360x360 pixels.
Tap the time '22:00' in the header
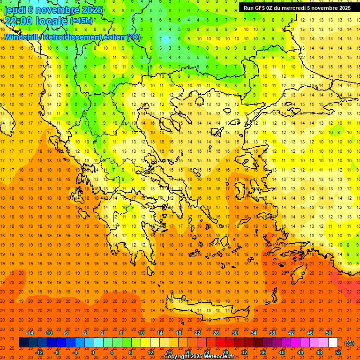pos(18,21)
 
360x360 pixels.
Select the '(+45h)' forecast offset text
pos(81,21)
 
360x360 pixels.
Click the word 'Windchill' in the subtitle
pos(22,37)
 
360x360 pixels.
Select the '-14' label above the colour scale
pos(30,333)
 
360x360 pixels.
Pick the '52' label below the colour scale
pos(338,352)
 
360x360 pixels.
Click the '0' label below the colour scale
pos(93,352)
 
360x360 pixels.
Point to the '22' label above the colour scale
pos(197,333)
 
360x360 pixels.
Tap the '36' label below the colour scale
pos(262,352)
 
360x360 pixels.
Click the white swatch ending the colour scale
pos(333,343)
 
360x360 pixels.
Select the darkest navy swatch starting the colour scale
pos(23,343)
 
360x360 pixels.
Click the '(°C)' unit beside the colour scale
pos(349,343)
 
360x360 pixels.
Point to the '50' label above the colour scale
pos(329,333)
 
